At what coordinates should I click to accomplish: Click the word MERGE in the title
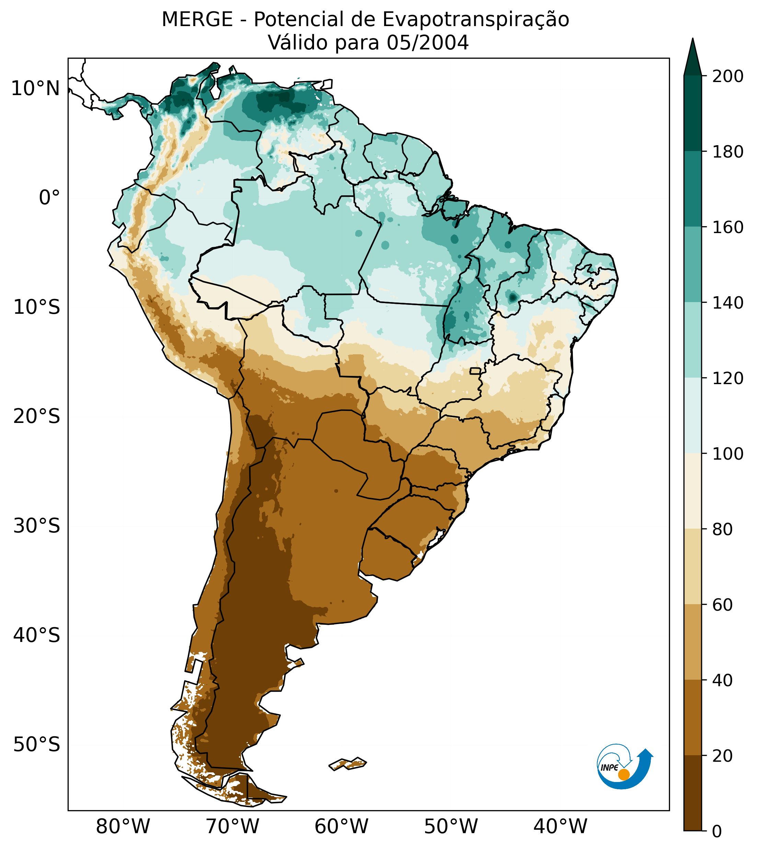pyautogui.click(x=197, y=20)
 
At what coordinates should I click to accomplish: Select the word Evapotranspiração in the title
pyautogui.click(x=476, y=20)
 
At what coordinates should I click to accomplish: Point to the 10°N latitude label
pyautogui.click(x=36, y=89)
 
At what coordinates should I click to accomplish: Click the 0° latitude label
pyautogui.click(x=49, y=198)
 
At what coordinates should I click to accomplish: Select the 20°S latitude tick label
pyautogui.click(x=37, y=417)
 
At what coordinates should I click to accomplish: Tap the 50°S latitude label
pyautogui.click(x=37, y=745)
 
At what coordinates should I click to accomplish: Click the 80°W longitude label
pyautogui.click(x=123, y=826)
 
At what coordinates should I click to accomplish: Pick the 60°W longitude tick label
pyautogui.click(x=341, y=826)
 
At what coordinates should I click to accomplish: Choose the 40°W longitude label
pyautogui.click(x=560, y=826)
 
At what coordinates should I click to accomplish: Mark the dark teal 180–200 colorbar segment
pyautogui.click(x=693, y=114)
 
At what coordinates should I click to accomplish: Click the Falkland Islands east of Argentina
pyautogui.click(x=348, y=764)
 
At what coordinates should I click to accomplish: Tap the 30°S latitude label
pyautogui.click(x=37, y=526)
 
